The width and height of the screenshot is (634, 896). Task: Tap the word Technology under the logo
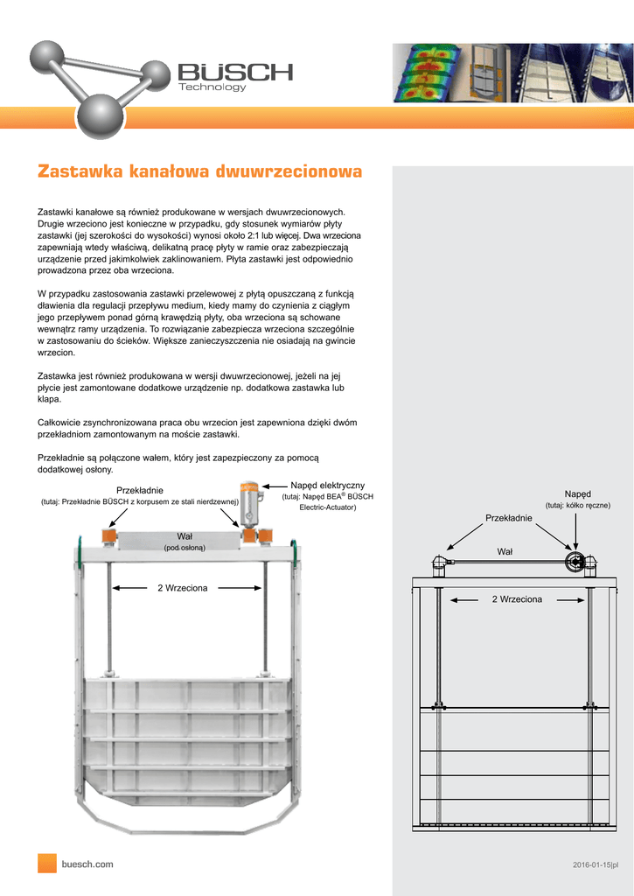click(212, 87)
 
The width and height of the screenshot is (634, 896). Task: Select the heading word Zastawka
click(80, 171)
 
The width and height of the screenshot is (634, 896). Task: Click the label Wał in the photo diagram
click(185, 535)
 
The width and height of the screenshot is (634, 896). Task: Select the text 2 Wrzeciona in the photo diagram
click(182, 588)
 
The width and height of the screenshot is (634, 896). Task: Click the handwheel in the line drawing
click(575, 563)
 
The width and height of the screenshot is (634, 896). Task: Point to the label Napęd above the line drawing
click(577, 494)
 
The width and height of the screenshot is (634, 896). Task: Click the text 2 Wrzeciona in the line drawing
click(517, 599)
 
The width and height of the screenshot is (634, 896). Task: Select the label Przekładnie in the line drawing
click(509, 519)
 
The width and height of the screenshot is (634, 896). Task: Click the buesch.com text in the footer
click(87, 864)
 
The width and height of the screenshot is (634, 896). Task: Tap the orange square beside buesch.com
click(46, 863)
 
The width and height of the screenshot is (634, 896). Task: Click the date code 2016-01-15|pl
click(595, 865)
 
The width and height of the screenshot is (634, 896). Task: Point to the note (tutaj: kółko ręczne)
click(577, 506)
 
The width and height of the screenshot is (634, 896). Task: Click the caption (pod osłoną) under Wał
click(185, 548)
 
